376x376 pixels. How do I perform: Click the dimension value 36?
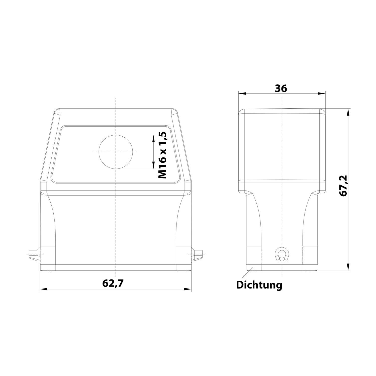(x=281, y=88)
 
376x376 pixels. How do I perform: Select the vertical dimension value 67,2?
(x=343, y=186)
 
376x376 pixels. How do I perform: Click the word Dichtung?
(x=259, y=285)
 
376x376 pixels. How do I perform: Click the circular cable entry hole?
(x=116, y=152)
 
